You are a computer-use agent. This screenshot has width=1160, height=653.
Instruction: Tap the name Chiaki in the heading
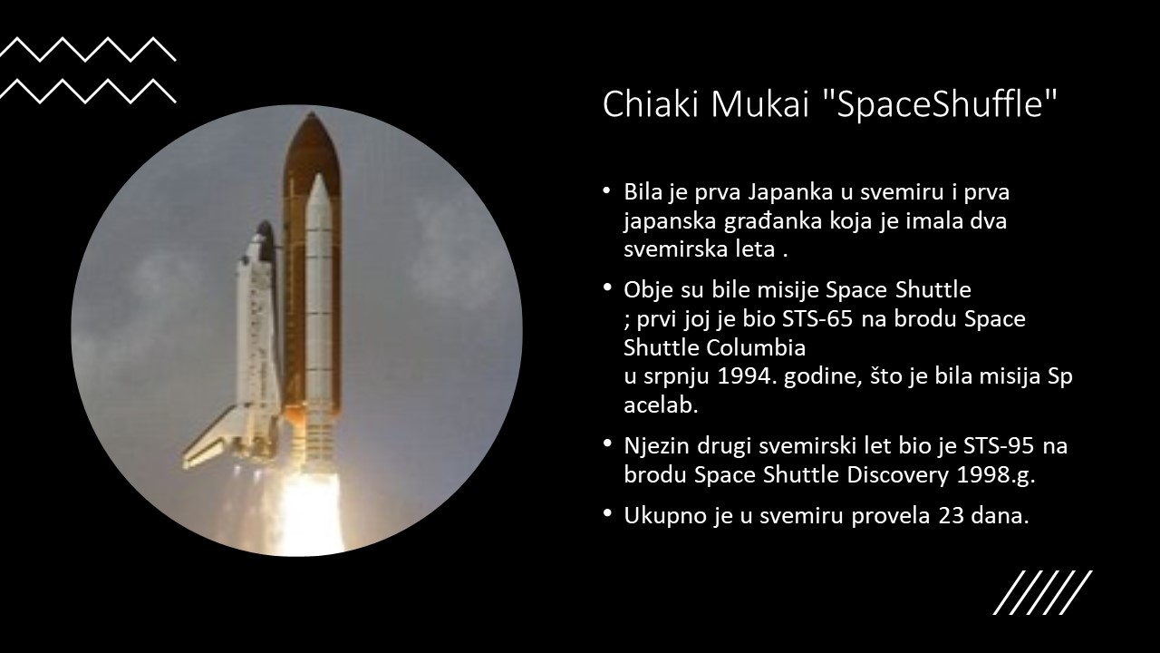[x=650, y=103]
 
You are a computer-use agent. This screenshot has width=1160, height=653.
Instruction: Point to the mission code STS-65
[x=817, y=318]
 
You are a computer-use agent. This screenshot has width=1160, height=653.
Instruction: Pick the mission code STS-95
[x=999, y=445]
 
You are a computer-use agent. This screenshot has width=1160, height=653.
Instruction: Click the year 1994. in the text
[x=748, y=376]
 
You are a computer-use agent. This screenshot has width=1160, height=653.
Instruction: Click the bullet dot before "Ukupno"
[x=607, y=513]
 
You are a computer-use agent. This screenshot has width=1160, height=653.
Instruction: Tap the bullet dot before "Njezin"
[x=607, y=443]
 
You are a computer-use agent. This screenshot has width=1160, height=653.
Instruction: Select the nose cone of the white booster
[x=318, y=188]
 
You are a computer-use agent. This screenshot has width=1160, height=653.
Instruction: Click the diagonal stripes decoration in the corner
[x=1043, y=593]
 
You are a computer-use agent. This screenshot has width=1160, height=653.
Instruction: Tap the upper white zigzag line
[x=88, y=49]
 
